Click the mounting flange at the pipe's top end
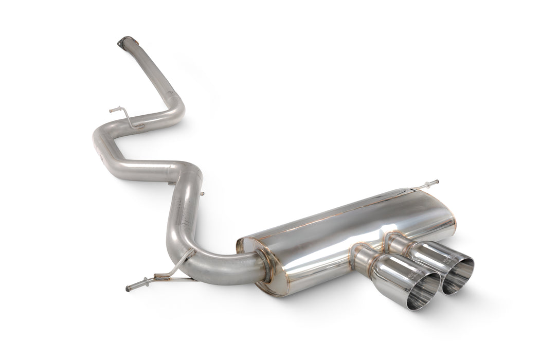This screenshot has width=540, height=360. [125, 42]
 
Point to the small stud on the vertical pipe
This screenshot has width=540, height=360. [201, 194]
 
